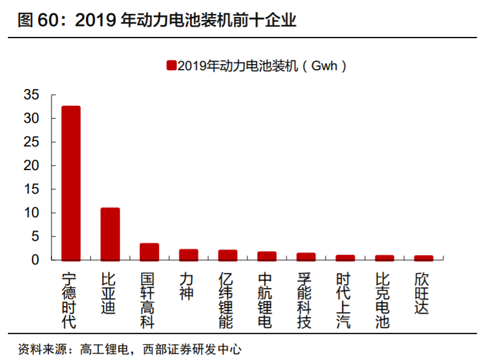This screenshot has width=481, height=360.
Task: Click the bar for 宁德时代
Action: click(71, 183)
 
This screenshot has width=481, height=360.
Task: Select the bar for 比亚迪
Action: click(110, 234)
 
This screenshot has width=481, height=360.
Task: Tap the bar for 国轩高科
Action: click(149, 252)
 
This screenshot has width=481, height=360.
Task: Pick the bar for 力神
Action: click(188, 255)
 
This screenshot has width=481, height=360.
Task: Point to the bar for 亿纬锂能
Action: click(227, 255)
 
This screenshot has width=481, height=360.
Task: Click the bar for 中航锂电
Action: click(267, 256)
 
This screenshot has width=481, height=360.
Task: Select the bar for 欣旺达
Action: click(424, 258)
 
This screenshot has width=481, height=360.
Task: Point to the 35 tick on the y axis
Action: click(31, 95)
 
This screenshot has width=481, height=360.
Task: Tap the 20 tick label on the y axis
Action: click(31, 166)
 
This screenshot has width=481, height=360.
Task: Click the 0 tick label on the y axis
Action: click(35, 260)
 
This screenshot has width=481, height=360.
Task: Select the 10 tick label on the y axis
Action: click(31, 213)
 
